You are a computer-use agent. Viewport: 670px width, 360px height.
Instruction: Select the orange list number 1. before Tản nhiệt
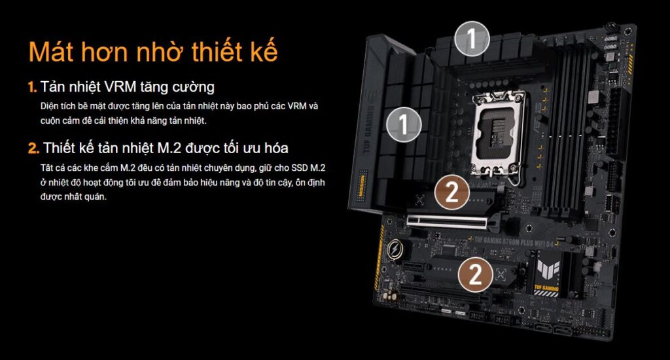[33, 87]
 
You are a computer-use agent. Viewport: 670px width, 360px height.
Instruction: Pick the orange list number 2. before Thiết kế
[33, 149]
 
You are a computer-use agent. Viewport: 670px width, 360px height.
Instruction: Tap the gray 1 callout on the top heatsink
[472, 39]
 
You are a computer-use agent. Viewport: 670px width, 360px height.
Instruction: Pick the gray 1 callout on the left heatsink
[404, 124]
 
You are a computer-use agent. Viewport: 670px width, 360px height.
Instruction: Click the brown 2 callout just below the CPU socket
[452, 192]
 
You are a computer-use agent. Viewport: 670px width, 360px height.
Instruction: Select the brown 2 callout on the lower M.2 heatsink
[476, 274]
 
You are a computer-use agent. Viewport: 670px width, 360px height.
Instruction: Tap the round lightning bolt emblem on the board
[395, 249]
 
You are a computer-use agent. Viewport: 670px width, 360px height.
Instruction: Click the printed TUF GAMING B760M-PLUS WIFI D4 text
[513, 242]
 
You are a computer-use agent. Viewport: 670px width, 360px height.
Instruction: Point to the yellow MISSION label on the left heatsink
[362, 185]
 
